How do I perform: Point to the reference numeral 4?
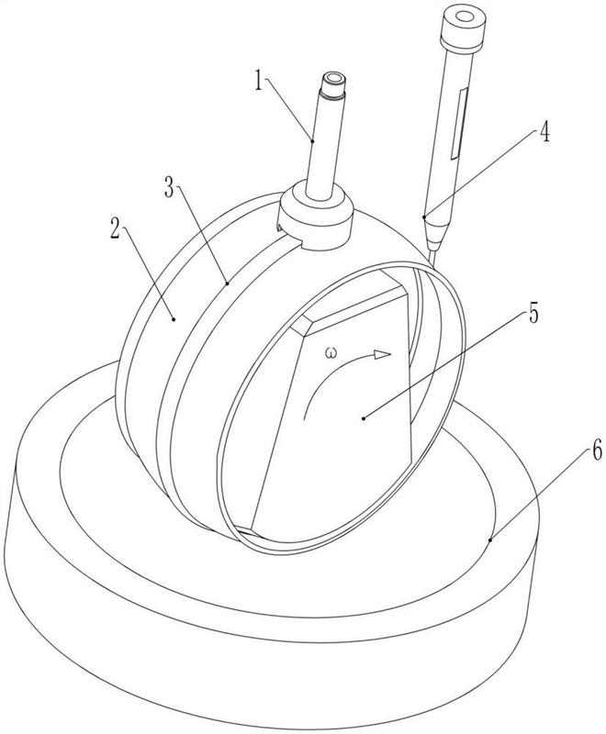point(544,133)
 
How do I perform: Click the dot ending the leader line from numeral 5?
point(365,417)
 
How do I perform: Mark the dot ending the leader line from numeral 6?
point(490,541)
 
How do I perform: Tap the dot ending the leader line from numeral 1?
point(313,141)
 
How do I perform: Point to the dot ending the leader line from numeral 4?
point(423,217)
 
